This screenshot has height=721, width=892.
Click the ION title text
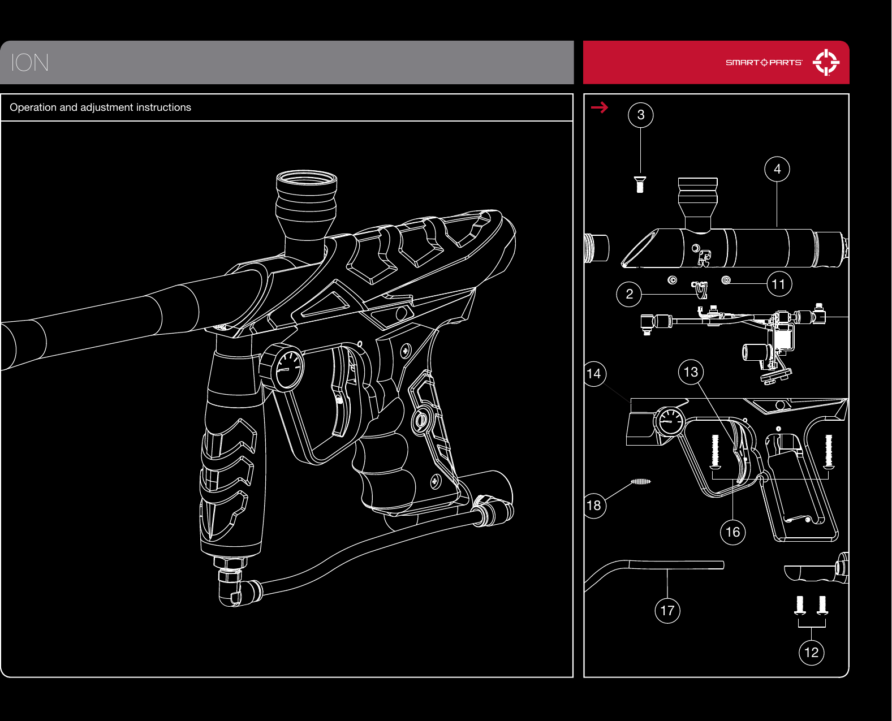tap(30, 63)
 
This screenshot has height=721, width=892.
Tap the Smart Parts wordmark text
tap(764, 63)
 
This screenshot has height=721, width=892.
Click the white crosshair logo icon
tap(826, 62)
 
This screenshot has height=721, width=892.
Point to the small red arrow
tap(600, 107)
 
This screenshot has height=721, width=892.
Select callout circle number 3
tap(641, 115)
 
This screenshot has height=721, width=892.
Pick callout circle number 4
tap(777, 169)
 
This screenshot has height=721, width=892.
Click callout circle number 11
tap(779, 284)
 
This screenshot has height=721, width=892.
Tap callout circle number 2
tap(629, 294)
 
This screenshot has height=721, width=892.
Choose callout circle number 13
tap(691, 372)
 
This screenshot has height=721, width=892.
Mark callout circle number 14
tap(594, 374)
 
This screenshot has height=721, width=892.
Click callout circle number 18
tap(594, 505)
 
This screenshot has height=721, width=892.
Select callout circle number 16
tap(732, 532)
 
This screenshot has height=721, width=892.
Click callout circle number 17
tap(667, 611)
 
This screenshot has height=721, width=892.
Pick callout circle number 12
tap(811, 653)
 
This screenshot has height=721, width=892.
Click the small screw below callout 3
tap(640, 184)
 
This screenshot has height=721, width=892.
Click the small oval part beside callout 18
tap(641, 482)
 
